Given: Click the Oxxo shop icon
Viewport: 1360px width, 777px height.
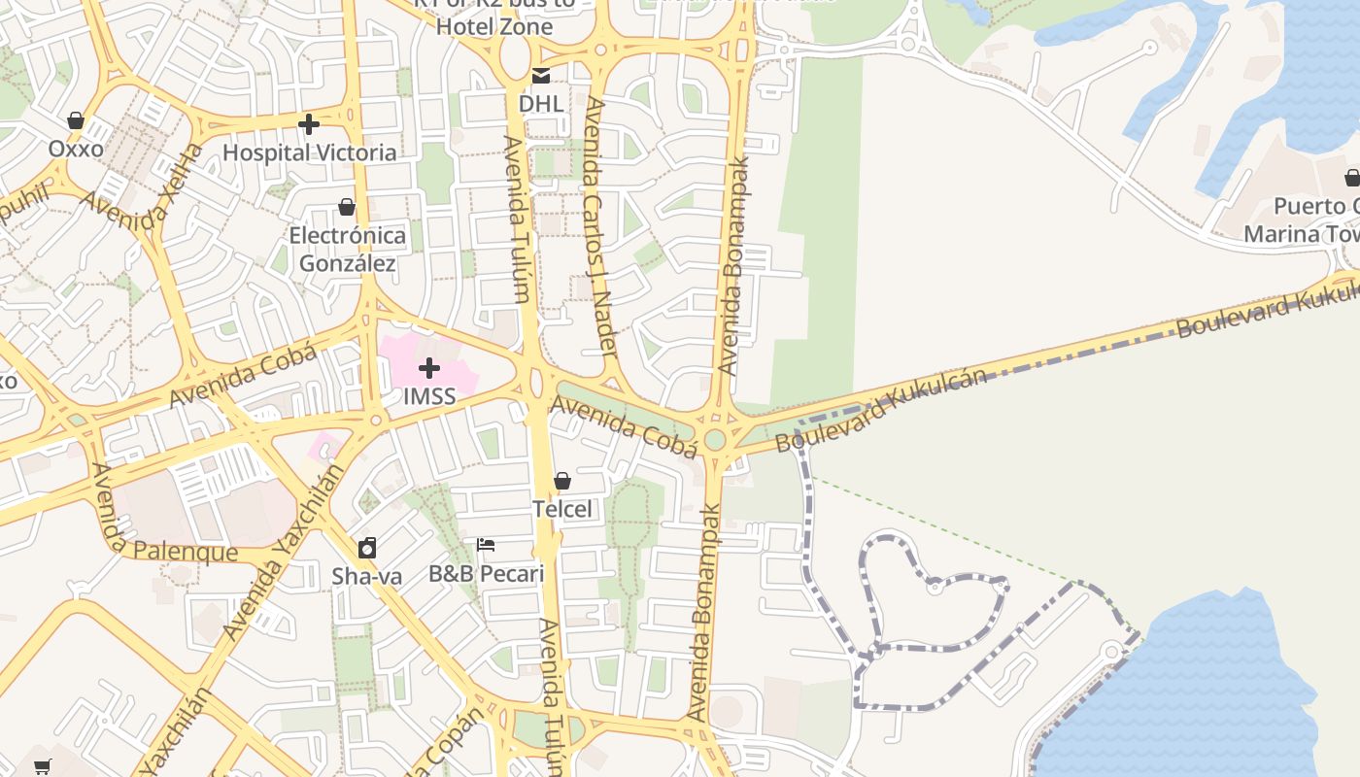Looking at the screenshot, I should click(76, 121).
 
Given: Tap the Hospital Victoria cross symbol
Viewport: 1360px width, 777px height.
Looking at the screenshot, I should click(309, 124).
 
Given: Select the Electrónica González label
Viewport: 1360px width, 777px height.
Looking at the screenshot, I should click(347, 250).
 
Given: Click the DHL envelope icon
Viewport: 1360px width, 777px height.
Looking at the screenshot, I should click(541, 76).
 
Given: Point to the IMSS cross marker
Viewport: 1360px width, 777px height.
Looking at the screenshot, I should click(428, 368).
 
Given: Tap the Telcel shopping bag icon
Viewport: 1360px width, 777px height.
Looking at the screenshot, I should click(561, 481).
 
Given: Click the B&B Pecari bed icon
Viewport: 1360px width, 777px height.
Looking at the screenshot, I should click(486, 545).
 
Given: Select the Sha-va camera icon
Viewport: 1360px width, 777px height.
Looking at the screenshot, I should click(366, 548).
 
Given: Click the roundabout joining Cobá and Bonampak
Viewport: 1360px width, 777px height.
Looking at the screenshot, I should click(715, 439).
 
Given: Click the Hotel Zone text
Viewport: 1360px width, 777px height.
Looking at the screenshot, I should click(493, 26).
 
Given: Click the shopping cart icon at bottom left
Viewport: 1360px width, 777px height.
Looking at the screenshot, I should click(42, 767).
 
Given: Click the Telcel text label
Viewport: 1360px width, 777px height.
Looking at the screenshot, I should click(561, 509).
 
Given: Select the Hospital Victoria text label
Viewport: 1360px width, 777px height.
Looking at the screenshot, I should click(309, 152).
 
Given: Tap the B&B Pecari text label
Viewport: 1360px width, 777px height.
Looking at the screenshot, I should click(486, 574).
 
